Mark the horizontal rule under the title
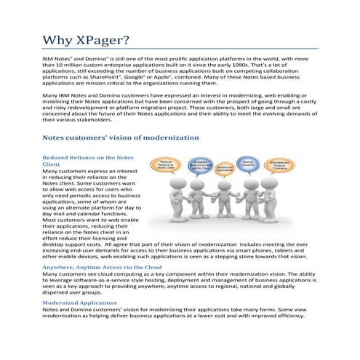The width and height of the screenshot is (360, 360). point(180,48)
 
